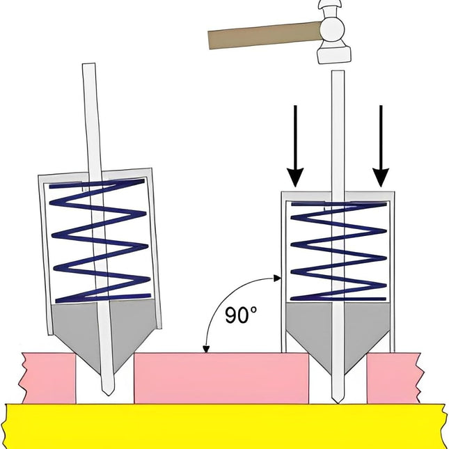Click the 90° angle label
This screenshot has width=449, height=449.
point(241,315)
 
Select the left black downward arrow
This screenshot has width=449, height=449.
point(295,146)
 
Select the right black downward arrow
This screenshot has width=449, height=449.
point(381,146)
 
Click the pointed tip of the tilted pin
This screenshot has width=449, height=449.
point(108,391)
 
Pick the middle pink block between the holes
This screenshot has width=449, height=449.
point(221,378)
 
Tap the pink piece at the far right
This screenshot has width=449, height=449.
point(393,378)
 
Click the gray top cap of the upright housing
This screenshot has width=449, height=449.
point(337,196)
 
